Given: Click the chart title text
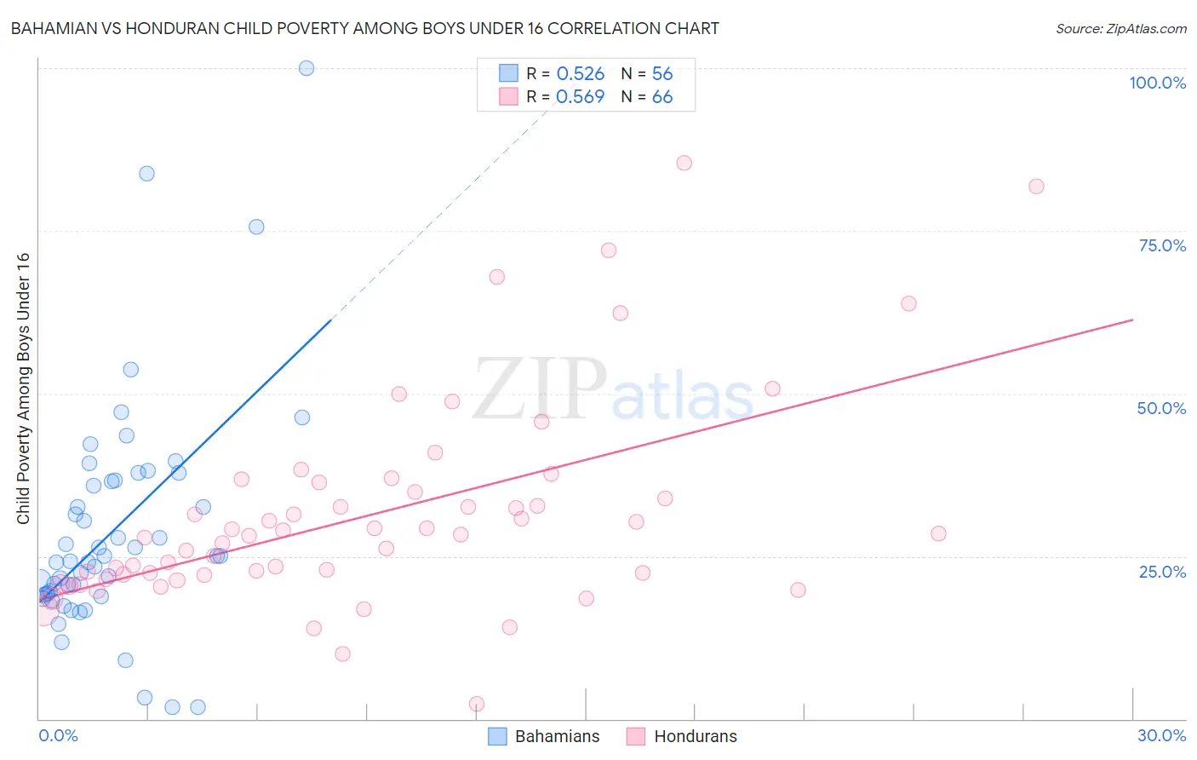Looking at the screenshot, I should point(364,28).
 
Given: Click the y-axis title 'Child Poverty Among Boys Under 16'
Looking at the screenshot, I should point(23,389).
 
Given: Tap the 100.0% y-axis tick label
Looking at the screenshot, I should point(1157,83).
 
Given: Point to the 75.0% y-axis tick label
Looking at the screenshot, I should point(1162,245).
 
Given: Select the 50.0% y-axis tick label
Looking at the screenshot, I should point(1161,408).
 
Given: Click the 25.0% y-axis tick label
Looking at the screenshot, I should point(1162,572).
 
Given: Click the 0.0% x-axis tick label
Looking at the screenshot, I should point(58,735).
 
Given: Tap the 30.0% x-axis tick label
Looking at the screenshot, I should point(1161,735).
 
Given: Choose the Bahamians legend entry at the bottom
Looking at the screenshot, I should point(545,736).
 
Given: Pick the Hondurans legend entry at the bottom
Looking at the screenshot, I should point(683,736).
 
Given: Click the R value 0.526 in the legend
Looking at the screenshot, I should point(581,73).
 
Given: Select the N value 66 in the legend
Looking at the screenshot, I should point(662,96).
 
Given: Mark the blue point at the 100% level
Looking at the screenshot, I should point(306,68).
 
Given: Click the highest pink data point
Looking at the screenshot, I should point(684,163).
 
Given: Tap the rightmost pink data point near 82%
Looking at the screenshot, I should point(1036,187).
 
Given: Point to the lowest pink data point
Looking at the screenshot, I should point(477,704).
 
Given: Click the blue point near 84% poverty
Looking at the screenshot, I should point(146,174).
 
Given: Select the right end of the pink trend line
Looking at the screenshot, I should point(1132,320).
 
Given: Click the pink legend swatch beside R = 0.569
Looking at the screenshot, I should point(508,96).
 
